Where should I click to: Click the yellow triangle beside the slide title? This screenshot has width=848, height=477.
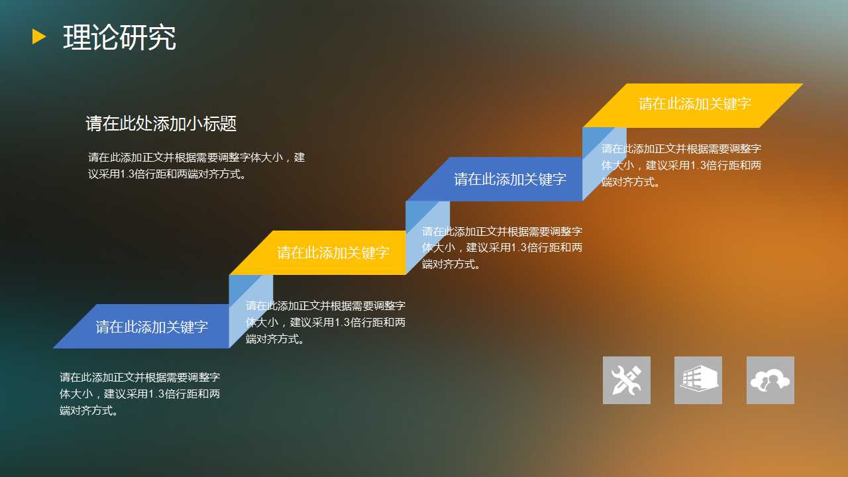38,36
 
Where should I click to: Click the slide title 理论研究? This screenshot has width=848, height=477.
120,37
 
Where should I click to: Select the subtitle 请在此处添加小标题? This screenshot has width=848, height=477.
161,123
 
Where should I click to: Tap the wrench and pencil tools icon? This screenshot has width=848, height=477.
627,380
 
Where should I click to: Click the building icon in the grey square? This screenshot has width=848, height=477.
698,380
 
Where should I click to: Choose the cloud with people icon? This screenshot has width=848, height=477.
770,380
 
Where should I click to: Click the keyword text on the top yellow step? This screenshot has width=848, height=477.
695,104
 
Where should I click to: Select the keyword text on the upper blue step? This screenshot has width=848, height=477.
510,179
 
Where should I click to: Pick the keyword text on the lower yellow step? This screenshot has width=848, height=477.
333,252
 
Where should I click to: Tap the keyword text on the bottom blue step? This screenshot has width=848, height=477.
152,327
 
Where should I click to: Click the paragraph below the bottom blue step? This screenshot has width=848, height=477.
140,394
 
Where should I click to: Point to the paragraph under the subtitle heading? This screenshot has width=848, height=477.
197,166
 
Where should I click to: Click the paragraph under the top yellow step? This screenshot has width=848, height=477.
682,165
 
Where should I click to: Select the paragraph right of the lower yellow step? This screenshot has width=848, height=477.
502,248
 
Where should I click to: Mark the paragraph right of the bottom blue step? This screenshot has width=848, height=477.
325,322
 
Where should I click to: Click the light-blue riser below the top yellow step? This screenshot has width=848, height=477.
604,164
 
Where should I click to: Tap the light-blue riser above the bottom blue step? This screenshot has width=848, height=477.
250,311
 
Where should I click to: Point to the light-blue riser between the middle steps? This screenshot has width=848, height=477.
427,237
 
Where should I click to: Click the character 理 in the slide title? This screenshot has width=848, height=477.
77,37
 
